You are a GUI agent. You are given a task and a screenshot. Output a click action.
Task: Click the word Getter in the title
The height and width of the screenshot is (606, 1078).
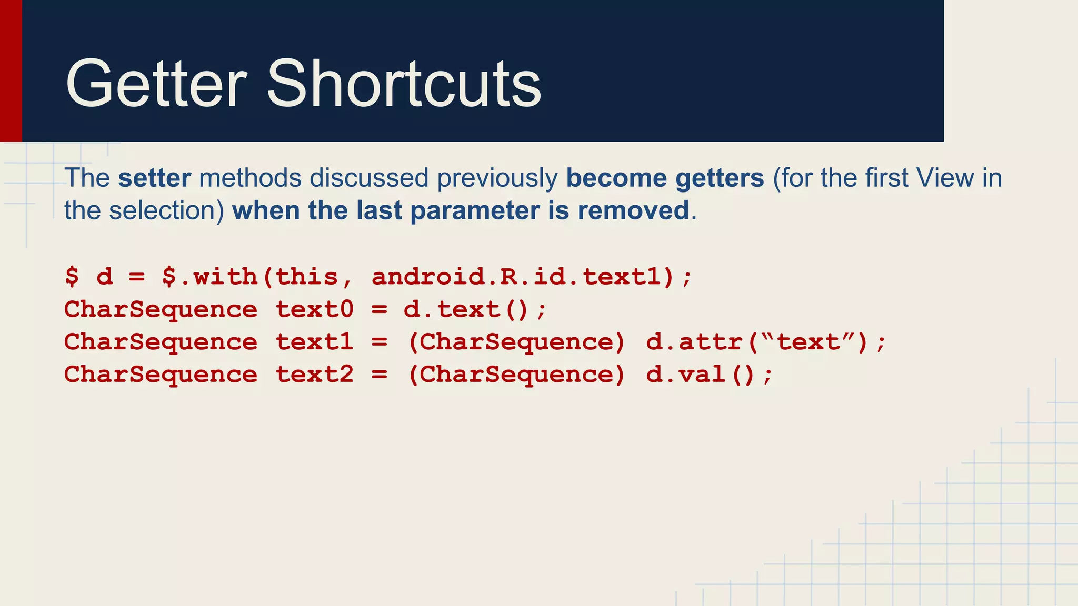[156, 84]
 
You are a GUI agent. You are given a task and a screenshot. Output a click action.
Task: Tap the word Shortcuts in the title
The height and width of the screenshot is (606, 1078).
[404, 84]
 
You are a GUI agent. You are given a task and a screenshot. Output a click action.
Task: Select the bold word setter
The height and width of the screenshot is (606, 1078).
[154, 178]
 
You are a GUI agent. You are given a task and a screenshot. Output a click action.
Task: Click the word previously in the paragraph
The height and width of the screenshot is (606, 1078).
[497, 178]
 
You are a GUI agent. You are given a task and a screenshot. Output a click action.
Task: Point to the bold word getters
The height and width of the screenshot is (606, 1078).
[720, 178]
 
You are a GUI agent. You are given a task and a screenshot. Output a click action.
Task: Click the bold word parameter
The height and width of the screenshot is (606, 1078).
[475, 210]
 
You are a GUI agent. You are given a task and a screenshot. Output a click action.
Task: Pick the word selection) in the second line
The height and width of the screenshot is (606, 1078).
[167, 210]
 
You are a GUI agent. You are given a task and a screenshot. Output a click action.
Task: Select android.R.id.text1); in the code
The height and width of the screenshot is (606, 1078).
[532, 277]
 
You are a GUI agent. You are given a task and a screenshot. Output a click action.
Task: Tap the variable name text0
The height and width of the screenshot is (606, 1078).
[314, 309]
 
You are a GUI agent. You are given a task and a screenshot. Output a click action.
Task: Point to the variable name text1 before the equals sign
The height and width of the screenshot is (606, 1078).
[314, 342]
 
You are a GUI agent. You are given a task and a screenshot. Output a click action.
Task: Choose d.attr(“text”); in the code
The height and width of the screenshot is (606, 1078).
[766, 342]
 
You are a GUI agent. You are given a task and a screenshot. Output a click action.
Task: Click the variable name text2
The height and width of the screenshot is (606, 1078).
[314, 375]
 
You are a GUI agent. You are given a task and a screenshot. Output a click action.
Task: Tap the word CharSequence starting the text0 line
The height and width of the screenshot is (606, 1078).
[161, 309]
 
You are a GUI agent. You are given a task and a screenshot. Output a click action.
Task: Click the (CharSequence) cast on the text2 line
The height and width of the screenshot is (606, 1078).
[516, 375]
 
